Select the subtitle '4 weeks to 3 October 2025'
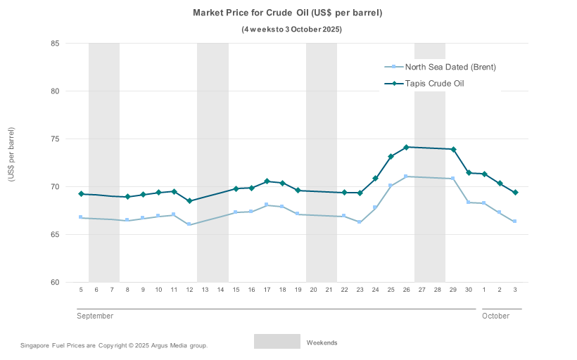pos(292,30)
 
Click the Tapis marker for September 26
pos(406,148)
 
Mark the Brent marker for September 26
pos(406,176)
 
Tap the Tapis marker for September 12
pos(189,201)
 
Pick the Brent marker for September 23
pos(360,222)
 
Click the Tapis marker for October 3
pos(515,193)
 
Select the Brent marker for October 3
pos(515,221)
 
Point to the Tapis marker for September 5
pos(81,194)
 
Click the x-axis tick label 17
pos(267,290)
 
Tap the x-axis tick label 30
pos(469,290)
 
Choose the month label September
pos(95,316)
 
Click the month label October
pos(495,316)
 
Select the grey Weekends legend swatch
pos(277,342)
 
